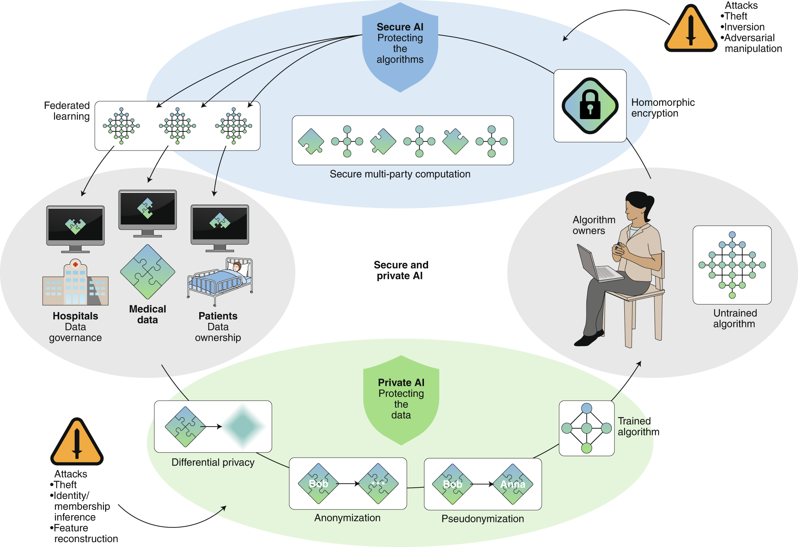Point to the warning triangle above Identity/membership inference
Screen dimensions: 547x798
point(77,443)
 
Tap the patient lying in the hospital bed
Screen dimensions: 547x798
point(236,267)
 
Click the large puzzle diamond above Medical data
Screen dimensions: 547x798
point(148,272)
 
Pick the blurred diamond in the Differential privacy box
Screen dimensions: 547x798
point(243,426)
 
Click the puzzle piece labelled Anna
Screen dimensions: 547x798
point(513,484)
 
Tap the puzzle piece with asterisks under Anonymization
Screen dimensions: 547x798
point(378,484)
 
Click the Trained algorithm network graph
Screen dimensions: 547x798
point(586,428)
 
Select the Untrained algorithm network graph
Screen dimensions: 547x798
point(732,265)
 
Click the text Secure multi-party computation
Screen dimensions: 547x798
point(400,174)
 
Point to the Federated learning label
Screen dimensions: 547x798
point(67,111)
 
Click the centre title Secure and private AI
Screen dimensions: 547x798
point(401,270)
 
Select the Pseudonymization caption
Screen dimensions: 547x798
point(482,519)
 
